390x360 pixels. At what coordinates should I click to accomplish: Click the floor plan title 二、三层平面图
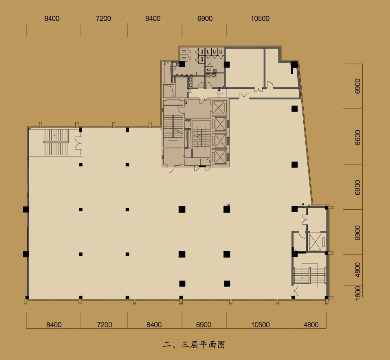(194, 345)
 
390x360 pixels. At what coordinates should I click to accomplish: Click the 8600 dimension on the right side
(357, 137)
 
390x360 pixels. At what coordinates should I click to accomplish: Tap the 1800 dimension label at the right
(358, 293)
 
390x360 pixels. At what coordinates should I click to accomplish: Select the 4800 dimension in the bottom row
(311, 325)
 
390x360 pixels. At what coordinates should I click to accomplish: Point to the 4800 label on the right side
(357, 270)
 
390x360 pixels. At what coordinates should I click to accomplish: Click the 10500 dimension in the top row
(260, 18)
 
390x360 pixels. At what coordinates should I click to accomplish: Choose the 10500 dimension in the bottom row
(261, 325)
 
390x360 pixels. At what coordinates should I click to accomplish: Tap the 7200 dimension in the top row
(103, 18)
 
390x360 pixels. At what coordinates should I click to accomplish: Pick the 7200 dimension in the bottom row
(105, 325)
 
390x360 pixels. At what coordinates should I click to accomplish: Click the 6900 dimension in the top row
(205, 18)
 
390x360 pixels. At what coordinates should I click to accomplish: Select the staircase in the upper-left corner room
(56, 142)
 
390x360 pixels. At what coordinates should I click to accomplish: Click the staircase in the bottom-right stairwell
(310, 275)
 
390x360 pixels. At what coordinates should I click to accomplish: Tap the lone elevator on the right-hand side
(315, 242)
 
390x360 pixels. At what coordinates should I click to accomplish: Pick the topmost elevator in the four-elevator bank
(218, 108)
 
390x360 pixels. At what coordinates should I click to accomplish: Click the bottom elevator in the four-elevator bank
(220, 157)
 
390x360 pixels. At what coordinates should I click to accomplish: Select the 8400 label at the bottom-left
(54, 325)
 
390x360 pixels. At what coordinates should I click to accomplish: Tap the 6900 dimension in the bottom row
(204, 325)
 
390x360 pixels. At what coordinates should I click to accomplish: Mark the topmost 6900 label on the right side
(357, 86)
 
